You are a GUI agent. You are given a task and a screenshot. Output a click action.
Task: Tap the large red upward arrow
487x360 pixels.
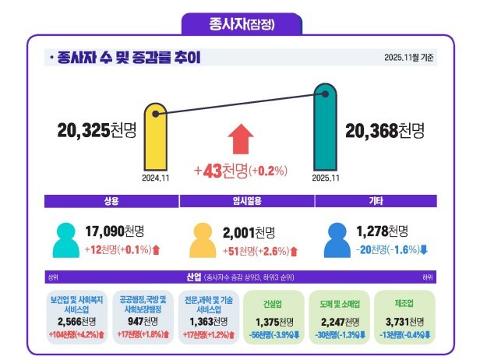(x=242, y=140)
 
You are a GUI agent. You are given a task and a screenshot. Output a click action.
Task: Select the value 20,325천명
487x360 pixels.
(x=97, y=130)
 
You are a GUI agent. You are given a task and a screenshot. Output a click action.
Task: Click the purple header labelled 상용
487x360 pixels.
(x=111, y=200)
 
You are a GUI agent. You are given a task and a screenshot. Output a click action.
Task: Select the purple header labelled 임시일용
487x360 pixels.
(x=246, y=200)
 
